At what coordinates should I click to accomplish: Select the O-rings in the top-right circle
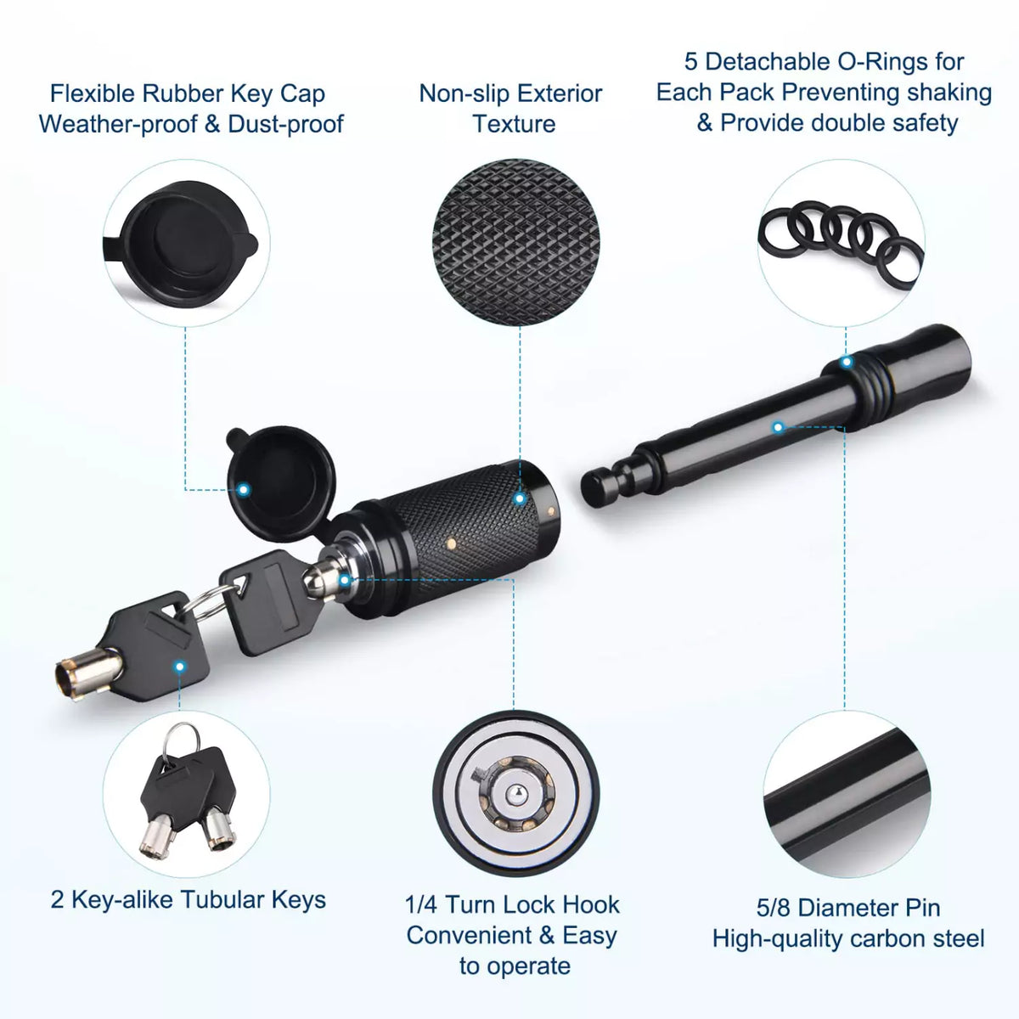coord(841,238)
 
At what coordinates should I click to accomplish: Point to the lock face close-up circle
coord(515,793)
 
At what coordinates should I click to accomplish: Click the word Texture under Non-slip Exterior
coord(514,124)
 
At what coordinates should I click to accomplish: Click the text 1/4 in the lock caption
coord(421,904)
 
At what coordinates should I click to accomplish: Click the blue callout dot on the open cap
coord(244,490)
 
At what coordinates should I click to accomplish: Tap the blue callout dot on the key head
coord(180,667)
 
